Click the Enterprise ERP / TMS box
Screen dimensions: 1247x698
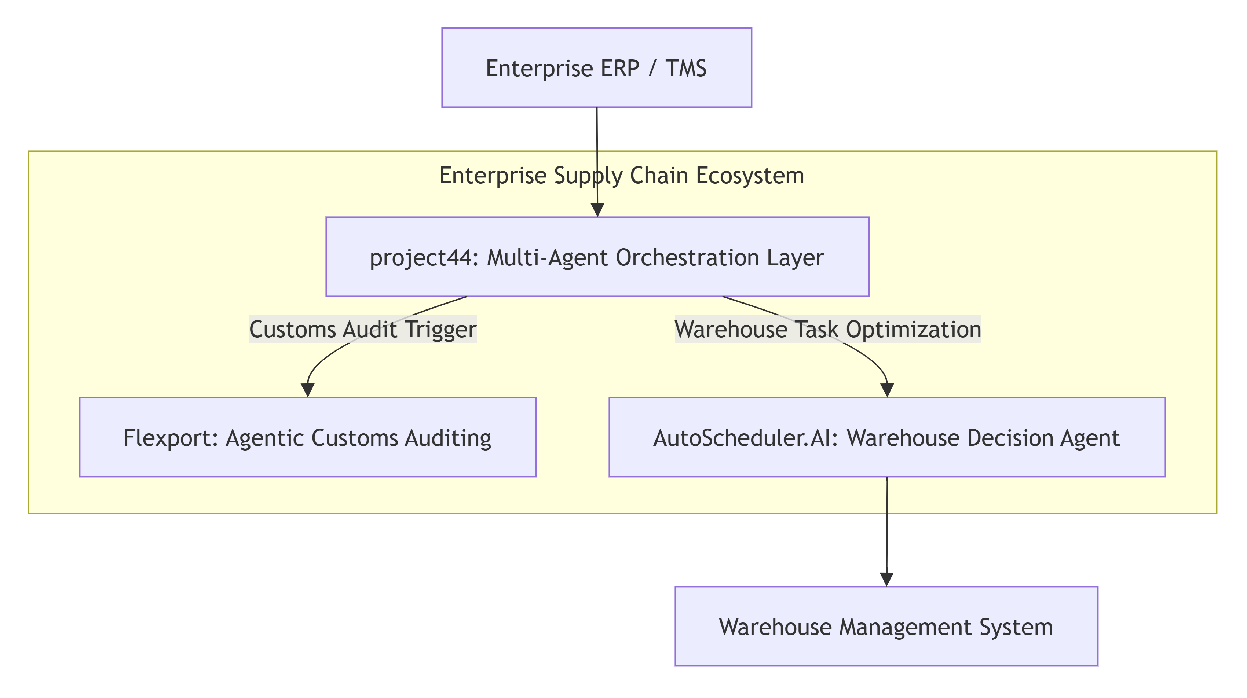pyautogui.click(x=596, y=68)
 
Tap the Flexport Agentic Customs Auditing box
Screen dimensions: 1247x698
pyautogui.click(x=307, y=437)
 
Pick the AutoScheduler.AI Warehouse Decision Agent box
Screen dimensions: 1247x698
pyautogui.click(x=887, y=437)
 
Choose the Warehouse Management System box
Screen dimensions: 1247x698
pyautogui.click(x=886, y=627)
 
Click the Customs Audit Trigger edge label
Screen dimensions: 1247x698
pyautogui.click(x=363, y=330)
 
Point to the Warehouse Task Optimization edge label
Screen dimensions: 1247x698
pyautogui.click(x=828, y=330)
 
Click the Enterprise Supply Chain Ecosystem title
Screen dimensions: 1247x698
pyautogui.click(x=622, y=176)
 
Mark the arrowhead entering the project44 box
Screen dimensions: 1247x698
pyautogui.click(x=598, y=210)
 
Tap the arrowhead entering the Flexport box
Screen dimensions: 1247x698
pyautogui.click(x=308, y=390)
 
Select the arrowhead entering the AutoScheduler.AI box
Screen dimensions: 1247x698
pyautogui.click(x=887, y=390)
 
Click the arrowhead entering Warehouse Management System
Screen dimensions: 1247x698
pyautogui.click(x=887, y=580)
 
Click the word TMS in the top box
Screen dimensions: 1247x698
pyautogui.click(x=686, y=68)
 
